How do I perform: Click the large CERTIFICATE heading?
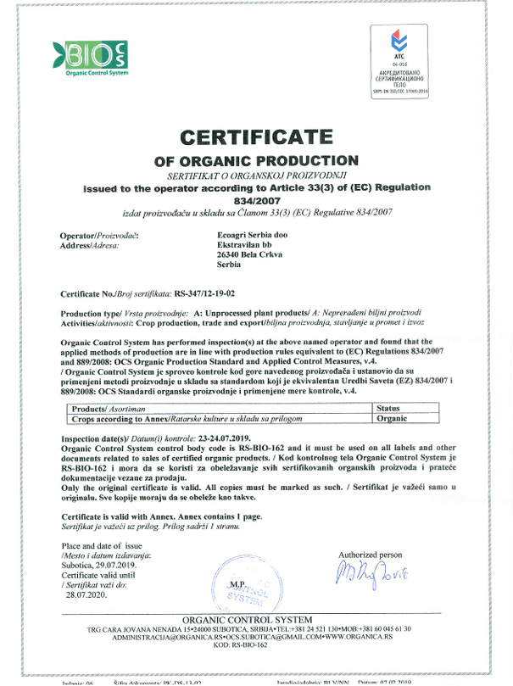[x=257, y=137]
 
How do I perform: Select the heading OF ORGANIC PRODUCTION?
[x=256, y=160]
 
